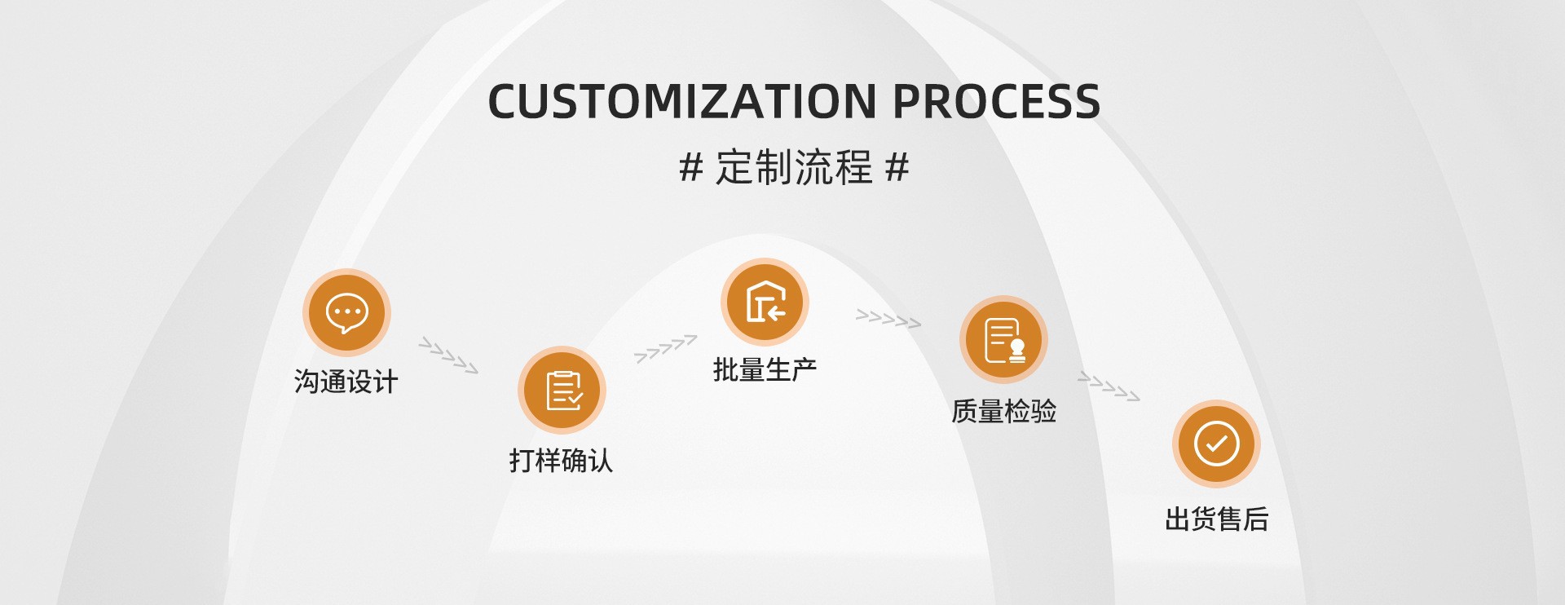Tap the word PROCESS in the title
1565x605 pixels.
tap(996, 102)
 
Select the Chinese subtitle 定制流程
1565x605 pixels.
tap(794, 167)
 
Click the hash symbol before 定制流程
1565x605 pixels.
tap(691, 167)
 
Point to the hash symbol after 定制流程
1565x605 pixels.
tap(897, 167)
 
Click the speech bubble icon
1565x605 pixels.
tap(346, 312)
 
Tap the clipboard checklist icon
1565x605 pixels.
tap(562, 390)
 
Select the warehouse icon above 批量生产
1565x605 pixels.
tap(765, 302)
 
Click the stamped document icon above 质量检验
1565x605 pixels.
tap(1003, 339)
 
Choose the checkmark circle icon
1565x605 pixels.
tap(1216, 444)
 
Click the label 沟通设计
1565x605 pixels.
tap(346, 382)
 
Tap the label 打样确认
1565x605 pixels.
tap(561, 461)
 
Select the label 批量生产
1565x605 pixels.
tap(765, 369)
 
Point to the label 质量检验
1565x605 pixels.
tap(1003, 411)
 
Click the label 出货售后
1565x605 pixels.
tap(1216, 519)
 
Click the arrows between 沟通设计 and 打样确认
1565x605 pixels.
tap(448, 355)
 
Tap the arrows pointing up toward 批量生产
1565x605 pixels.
tap(665, 348)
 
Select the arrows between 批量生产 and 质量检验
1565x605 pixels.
tap(888, 319)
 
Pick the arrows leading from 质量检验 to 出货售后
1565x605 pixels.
tap(1109, 386)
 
